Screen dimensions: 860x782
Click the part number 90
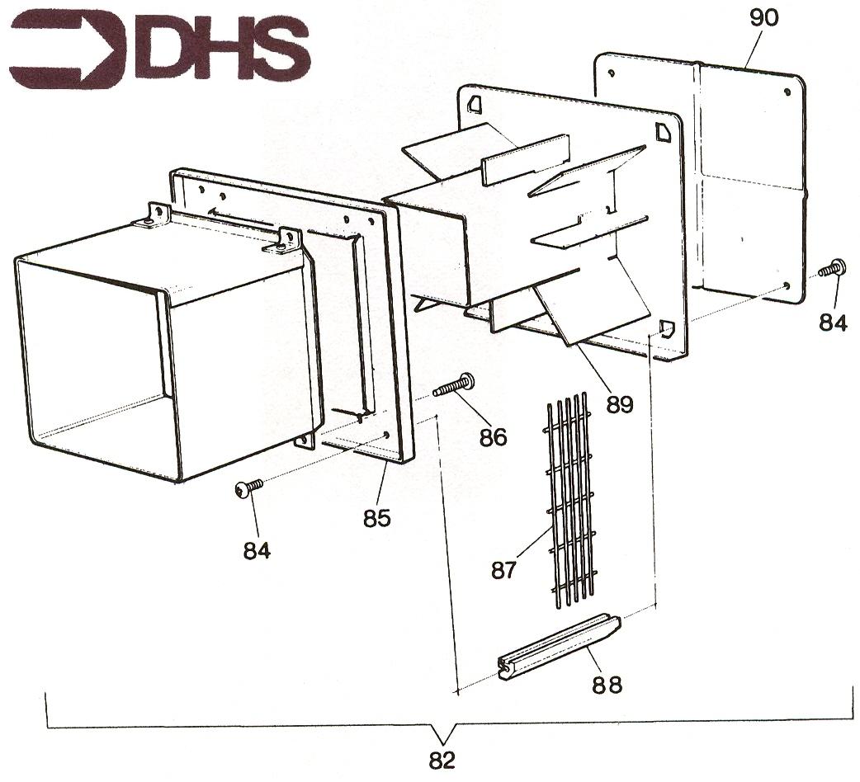tap(763, 18)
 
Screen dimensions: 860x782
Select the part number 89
tap(620, 404)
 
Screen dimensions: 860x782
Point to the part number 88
tap(607, 685)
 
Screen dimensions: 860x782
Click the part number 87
tap(503, 571)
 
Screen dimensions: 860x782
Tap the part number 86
tap(493, 437)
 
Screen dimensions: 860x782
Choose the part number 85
tap(377, 518)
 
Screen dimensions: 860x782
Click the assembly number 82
tap(442, 761)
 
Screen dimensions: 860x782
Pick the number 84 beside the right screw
tap(834, 323)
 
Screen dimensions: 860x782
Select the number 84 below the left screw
tap(258, 551)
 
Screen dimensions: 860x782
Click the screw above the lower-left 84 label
tap(248, 488)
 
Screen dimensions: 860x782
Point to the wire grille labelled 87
tap(569, 499)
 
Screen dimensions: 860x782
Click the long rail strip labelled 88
tap(560, 647)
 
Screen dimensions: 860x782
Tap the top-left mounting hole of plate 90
tap(611, 73)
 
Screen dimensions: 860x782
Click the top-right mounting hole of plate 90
tap(787, 92)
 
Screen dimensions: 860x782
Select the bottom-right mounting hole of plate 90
tap(787, 285)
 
